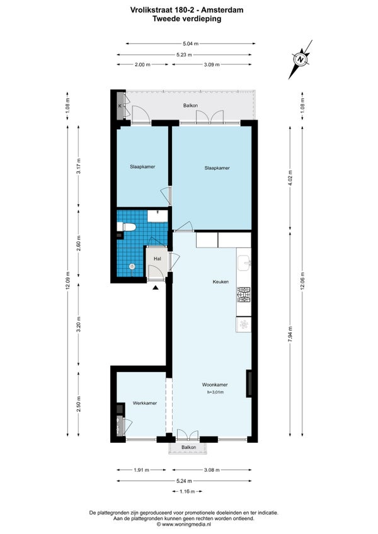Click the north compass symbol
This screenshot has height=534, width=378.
click(x=301, y=59)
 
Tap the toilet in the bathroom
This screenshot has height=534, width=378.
click(x=127, y=227)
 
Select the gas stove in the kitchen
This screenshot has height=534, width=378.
click(x=244, y=295)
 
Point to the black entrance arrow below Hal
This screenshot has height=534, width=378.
click(x=156, y=288)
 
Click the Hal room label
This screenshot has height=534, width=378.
click(x=157, y=259)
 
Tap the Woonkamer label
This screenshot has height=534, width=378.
click(x=215, y=385)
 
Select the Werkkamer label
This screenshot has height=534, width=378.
click(x=145, y=403)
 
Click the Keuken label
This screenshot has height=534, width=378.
click(x=220, y=282)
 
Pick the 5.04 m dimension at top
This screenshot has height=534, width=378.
click(x=190, y=43)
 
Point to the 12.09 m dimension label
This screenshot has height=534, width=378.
click(x=68, y=281)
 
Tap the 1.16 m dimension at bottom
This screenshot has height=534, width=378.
click(x=188, y=491)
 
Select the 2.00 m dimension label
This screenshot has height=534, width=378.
click(x=143, y=64)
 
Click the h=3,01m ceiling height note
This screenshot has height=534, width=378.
click(x=215, y=392)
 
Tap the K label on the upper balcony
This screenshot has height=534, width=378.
click(x=120, y=106)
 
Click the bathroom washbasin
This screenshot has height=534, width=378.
click(x=157, y=216)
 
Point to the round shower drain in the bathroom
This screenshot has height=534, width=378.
click(x=132, y=266)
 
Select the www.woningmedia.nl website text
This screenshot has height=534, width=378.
click(x=188, y=525)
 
